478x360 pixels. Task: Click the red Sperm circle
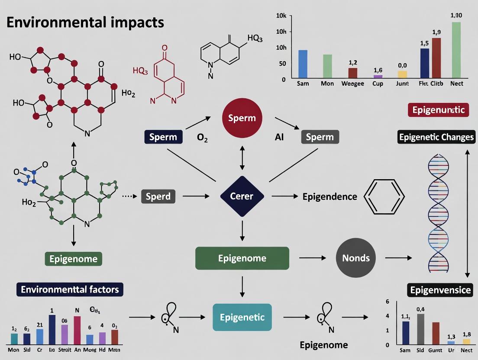pyautogui.click(x=242, y=118)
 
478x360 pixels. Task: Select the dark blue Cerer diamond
pyautogui.click(x=242, y=196)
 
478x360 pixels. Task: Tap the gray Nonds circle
pyautogui.click(x=356, y=258)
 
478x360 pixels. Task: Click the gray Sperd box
pyautogui.click(x=158, y=196)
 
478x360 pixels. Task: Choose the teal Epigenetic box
pyautogui.click(x=242, y=317)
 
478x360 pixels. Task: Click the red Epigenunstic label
pyautogui.click(x=439, y=110)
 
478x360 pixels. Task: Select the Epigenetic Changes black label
pyautogui.click(x=436, y=137)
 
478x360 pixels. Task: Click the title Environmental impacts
pyautogui.click(x=85, y=22)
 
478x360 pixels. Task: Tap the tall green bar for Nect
pyautogui.click(x=456, y=49)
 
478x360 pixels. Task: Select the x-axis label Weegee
pyautogui.click(x=352, y=84)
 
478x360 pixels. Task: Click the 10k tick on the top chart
pyautogui.click(x=281, y=16)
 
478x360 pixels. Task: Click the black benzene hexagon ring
pyautogui.click(x=384, y=197)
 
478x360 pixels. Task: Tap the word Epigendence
pyautogui.click(x=329, y=196)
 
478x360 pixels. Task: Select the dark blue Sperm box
pyautogui.click(x=163, y=137)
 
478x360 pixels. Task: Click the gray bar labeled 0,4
pyautogui.click(x=420, y=328)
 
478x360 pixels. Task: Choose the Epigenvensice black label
pyautogui.click(x=440, y=289)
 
